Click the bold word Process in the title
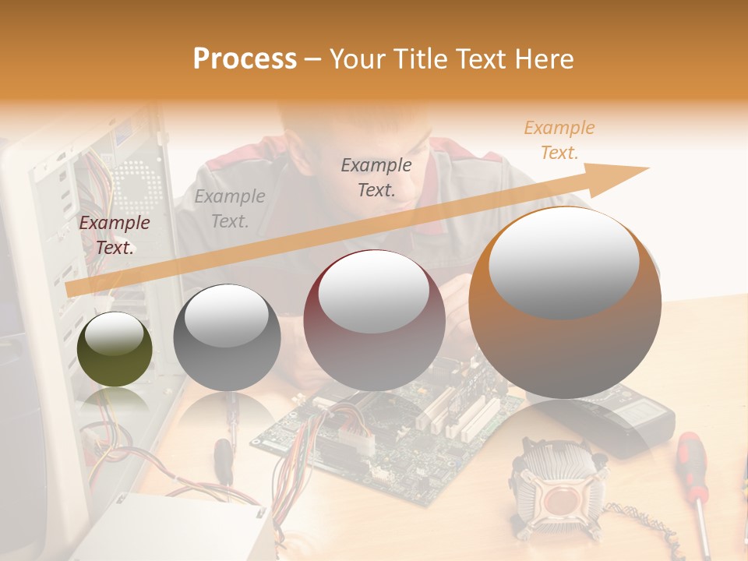coord(245,58)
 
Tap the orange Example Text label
coord(559,140)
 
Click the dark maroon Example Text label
coord(115,235)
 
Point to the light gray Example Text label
coord(229,209)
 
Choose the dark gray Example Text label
coord(376,177)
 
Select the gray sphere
coord(227,337)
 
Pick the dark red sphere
coord(374,320)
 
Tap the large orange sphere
coord(565,304)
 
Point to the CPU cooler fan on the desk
coord(559,487)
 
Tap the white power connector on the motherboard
coord(355,436)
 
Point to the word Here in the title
coord(545,58)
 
